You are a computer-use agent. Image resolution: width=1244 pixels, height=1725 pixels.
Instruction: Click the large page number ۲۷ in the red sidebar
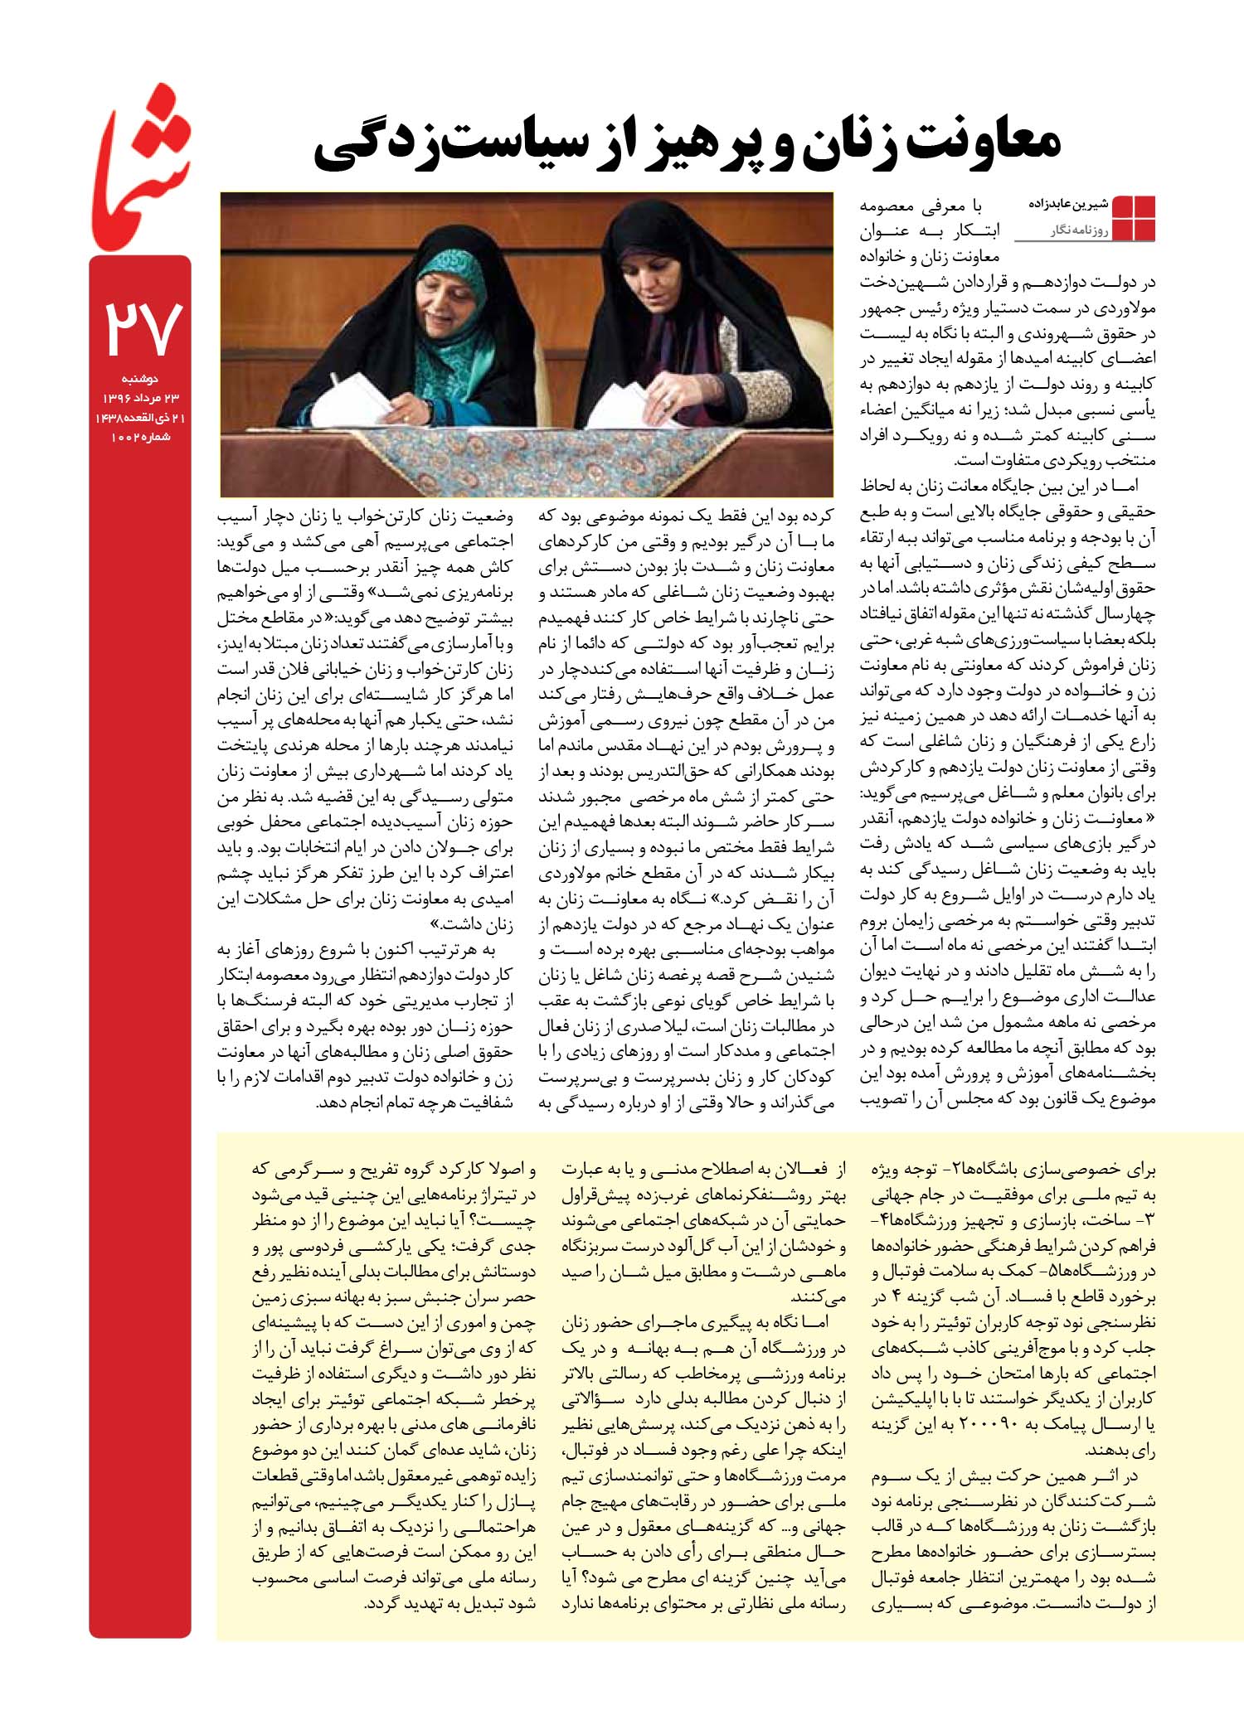point(140,328)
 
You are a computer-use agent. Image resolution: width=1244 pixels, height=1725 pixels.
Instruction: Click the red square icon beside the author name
point(1133,217)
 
